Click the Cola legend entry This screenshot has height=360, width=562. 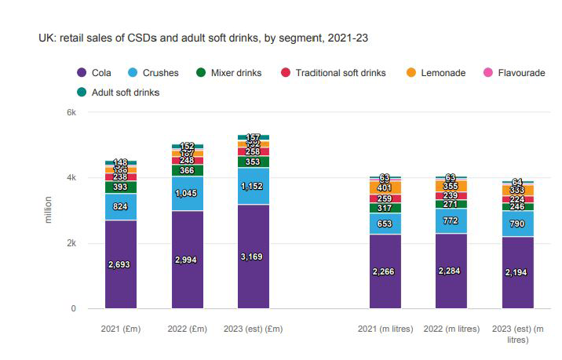pos(94,73)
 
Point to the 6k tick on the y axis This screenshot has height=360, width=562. pos(71,112)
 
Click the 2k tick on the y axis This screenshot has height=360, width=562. pos(71,243)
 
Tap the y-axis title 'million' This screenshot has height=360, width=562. pos(49,210)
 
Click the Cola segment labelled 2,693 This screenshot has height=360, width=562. pos(121,264)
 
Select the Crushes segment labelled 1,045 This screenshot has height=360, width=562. pos(186,193)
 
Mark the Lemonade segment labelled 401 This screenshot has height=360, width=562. pos(385,188)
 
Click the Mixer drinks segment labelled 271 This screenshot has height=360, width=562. pos(451,204)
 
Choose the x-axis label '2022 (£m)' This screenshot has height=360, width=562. pos(186,329)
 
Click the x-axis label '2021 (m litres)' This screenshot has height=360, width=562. pos(385,329)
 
